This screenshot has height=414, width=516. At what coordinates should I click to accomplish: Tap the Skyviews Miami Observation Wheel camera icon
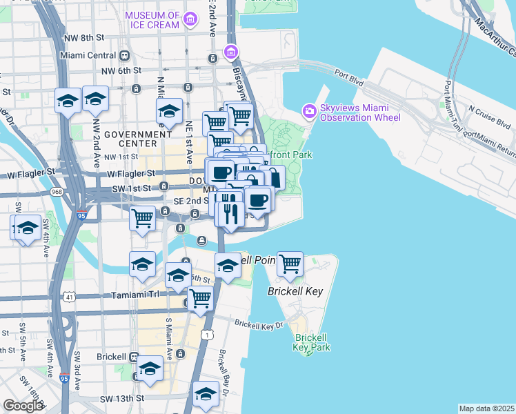pos(309,110)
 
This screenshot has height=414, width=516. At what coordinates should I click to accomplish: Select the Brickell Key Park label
pos(310,343)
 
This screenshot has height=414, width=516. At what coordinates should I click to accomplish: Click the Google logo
pos(23,406)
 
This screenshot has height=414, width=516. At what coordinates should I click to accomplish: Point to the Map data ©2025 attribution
pos(486,408)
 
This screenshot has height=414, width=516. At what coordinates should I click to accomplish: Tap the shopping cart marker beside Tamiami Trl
pos(200,299)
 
